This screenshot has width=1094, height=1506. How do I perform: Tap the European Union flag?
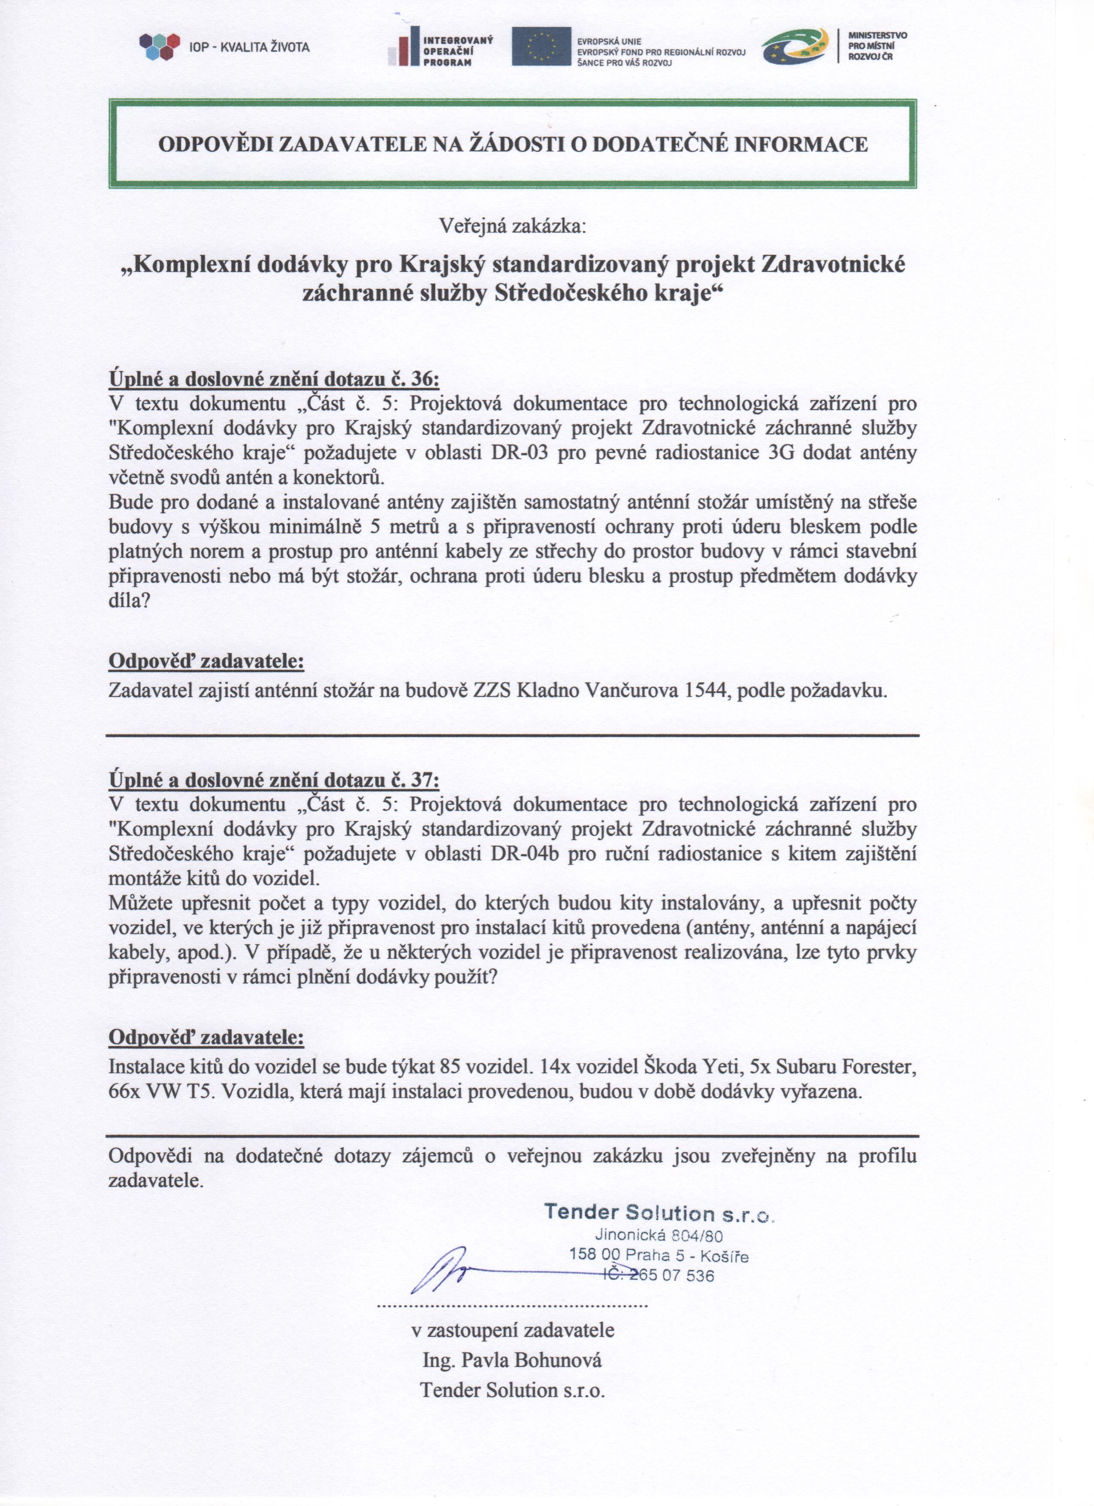point(541,46)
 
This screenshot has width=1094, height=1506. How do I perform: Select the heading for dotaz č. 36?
point(274,379)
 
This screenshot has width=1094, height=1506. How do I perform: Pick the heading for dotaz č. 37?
point(274,780)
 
